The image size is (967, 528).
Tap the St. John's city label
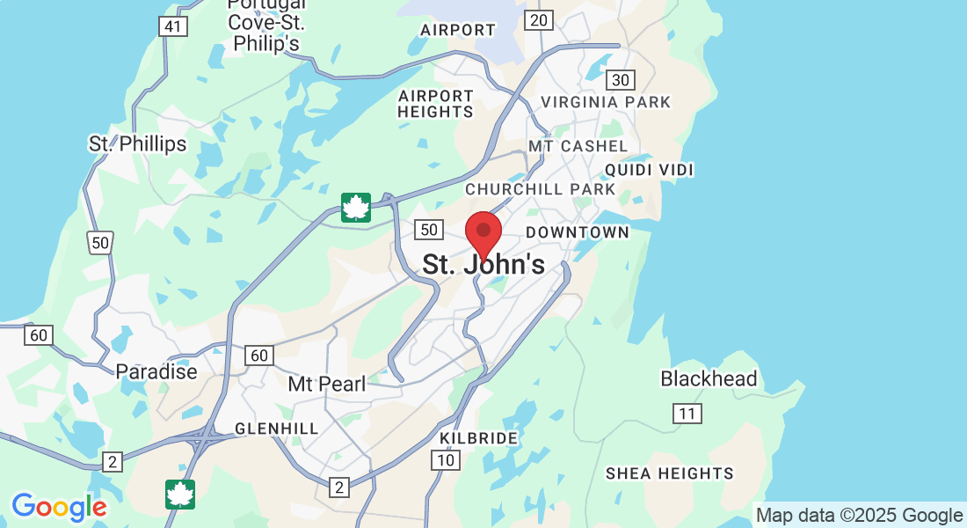click(484, 264)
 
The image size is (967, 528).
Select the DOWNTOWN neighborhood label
click(578, 232)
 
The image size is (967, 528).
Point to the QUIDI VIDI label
click(650, 169)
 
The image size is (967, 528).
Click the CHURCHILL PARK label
click(541, 189)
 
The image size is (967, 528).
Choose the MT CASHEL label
click(578, 146)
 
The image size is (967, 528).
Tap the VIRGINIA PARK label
click(606, 102)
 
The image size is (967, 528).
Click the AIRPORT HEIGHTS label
click(435, 104)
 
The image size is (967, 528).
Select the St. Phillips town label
click(138, 143)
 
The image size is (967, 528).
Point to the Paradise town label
click(156, 371)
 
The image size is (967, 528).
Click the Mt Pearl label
click(326, 385)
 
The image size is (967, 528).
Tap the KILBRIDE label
click(479, 438)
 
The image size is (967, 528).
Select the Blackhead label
click(709, 379)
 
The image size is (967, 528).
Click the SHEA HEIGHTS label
click(669, 473)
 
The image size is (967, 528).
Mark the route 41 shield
click(172, 26)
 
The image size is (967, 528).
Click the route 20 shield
click(538, 19)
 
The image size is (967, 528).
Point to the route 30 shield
click(621, 80)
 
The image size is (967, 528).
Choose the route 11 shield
click(687, 414)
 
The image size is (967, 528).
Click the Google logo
click(59, 507)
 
